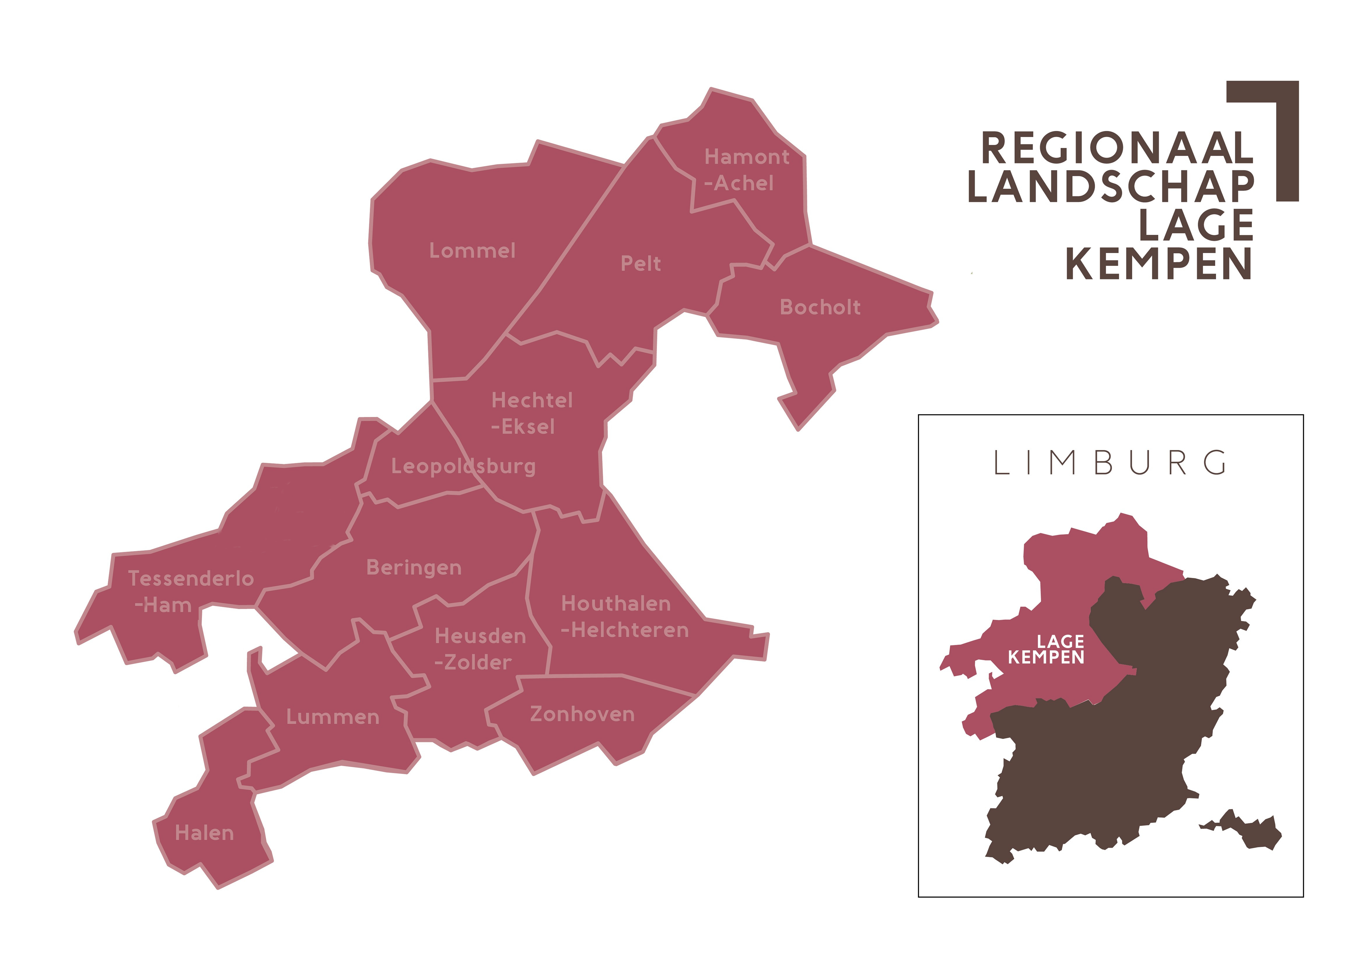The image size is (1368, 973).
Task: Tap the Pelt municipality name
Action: pos(641,264)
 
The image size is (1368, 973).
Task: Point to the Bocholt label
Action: pos(820,307)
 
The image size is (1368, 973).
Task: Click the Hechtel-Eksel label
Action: pos(531,413)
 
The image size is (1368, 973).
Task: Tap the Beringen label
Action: pos(413,567)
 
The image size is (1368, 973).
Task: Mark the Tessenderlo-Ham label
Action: pos(190,591)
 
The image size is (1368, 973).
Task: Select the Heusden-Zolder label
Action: pos(479,649)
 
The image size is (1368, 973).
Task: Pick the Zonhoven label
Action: pos(582,714)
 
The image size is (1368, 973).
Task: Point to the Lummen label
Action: pos(333,717)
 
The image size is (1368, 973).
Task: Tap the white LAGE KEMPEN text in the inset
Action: pos(1046,649)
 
